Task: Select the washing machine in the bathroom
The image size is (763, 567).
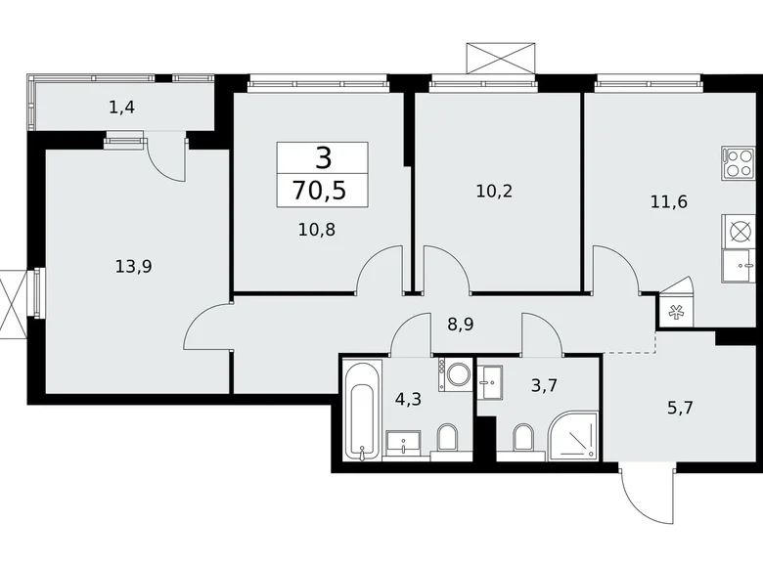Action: (456, 375)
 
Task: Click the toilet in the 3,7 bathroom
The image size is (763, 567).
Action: (522, 441)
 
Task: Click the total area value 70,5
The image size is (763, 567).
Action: (322, 189)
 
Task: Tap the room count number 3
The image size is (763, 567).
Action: (322, 156)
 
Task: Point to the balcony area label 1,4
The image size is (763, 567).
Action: (122, 108)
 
